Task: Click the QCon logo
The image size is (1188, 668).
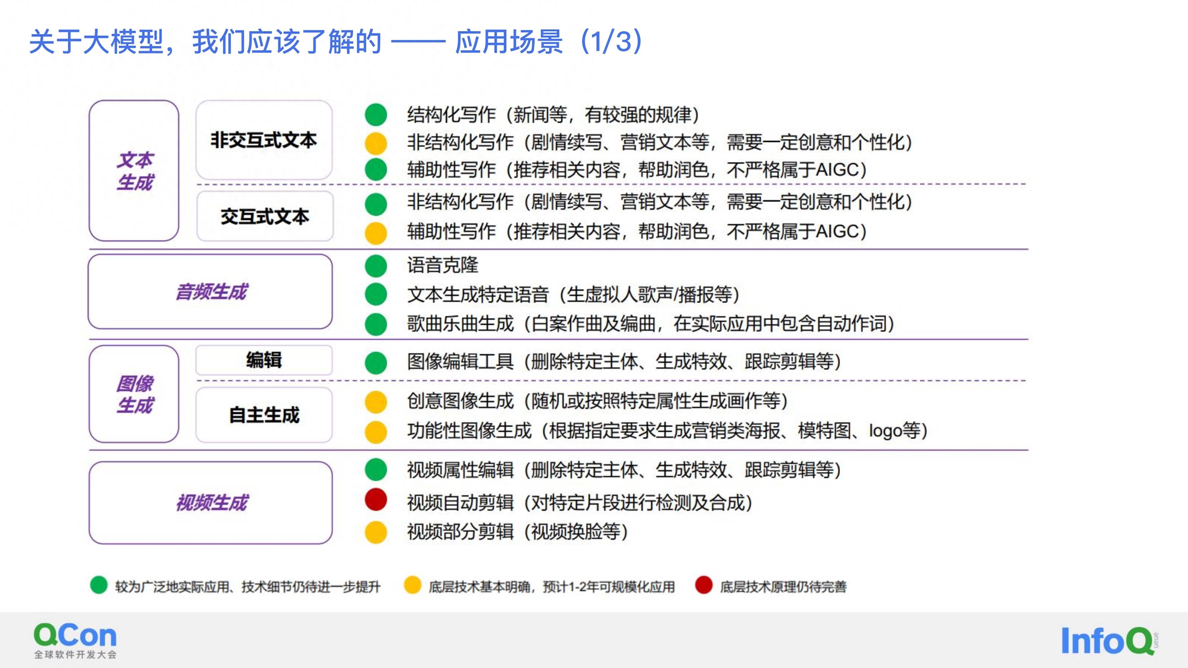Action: pyautogui.click(x=75, y=640)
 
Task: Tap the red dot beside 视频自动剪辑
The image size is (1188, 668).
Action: pyautogui.click(x=376, y=500)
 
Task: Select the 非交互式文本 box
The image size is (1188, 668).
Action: pyautogui.click(x=264, y=140)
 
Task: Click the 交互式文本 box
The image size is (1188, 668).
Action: pyautogui.click(x=265, y=216)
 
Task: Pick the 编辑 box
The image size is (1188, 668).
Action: pyautogui.click(x=264, y=360)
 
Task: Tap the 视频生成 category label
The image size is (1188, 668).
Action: pyautogui.click(x=211, y=503)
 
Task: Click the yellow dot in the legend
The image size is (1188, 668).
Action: pyautogui.click(x=412, y=585)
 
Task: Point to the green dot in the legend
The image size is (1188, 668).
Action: pyautogui.click(x=99, y=585)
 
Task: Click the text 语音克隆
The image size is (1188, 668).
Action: pyautogui.click(x=443, y=265)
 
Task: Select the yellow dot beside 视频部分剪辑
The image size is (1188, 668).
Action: pyautogui.click(x=376, y=532)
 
